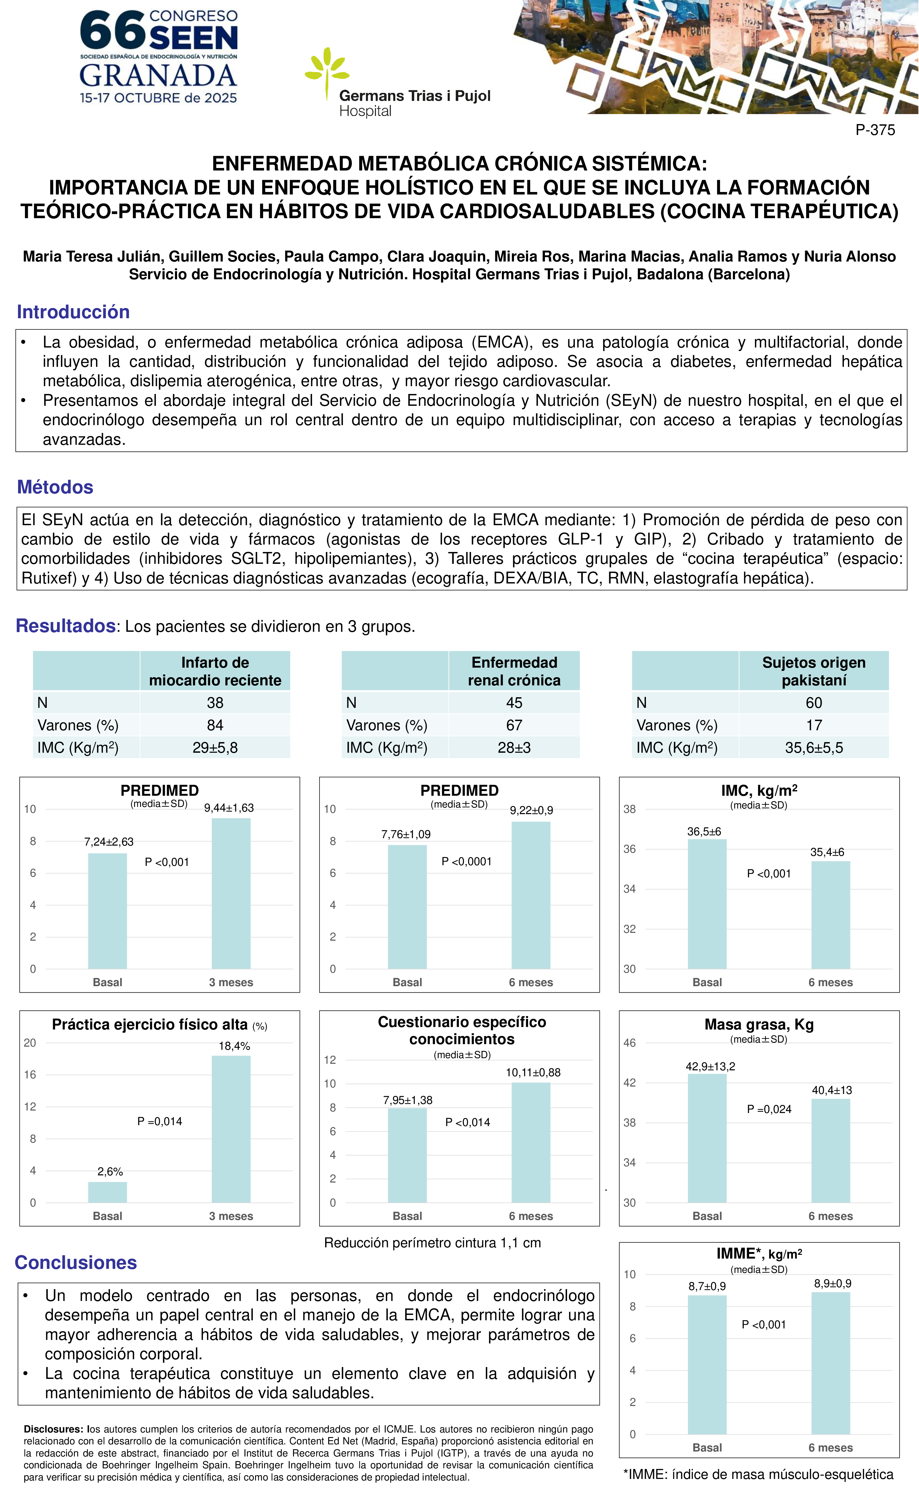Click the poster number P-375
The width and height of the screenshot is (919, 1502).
(x=875, y=130)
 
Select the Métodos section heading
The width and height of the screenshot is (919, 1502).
(x=55, y=487)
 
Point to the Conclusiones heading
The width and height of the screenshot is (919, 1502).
(x=76, y=1262)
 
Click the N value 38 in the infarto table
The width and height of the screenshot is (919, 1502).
(x=215, y=703)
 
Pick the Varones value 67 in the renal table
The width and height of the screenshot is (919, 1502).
(x=514, y=725)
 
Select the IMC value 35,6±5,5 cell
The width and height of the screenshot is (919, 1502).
(x=814, y=748)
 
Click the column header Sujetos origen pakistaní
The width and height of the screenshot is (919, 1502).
(x=814, y=671)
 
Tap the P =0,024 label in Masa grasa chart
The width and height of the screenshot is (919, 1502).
(x=769, y=1109)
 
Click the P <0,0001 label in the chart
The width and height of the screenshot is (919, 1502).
(x=466, y=861)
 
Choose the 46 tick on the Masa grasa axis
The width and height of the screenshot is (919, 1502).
(x=629, y=1043)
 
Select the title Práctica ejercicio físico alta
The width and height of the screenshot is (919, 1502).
(x=150, y=1025)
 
